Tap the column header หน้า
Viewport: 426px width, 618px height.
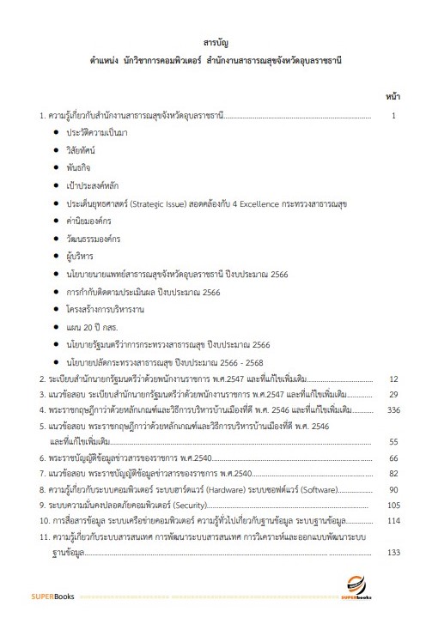pyautogui.click(x=391, y=96)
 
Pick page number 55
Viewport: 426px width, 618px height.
pyautogui.click(x=393, y=442)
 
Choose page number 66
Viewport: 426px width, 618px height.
pyautogui.click(x=393, y=458)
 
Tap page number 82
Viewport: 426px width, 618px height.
pyautogui.click(x=393, y=474)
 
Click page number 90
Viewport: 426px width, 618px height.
pyautogui.click(x=393, y=489)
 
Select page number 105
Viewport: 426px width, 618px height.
pyautogui.click(x=393, y=505)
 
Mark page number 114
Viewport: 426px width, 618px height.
pyautogui.click(x=393, y=521)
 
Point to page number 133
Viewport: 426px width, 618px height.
pyautogui.click(x=393, y=552)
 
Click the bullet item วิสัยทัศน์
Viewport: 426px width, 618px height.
pyautogui.click(x=82, y=149)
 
